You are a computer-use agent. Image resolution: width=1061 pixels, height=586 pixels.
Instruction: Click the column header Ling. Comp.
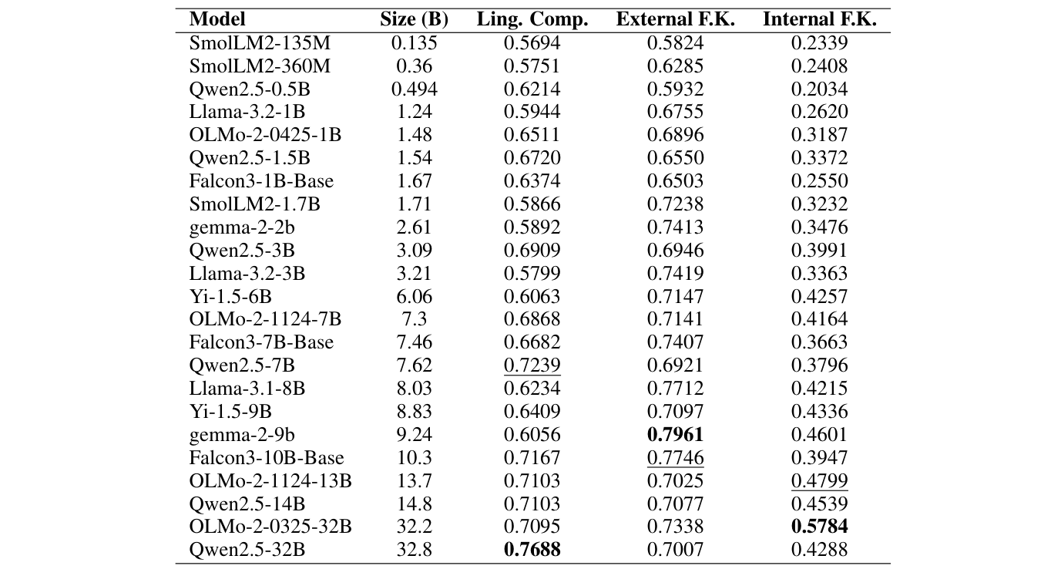532,20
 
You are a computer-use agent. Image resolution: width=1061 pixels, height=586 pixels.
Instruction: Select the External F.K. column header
675,20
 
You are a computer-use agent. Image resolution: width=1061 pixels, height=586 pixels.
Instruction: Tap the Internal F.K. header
819,20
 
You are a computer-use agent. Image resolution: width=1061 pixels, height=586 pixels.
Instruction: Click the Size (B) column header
414,20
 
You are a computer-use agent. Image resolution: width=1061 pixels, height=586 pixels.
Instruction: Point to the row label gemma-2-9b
230,435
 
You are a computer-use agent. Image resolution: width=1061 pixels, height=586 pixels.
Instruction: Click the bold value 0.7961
675,435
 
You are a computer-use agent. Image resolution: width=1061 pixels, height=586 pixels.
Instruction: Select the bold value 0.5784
819,527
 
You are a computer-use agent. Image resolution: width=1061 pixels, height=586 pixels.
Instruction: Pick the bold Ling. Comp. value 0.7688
532,551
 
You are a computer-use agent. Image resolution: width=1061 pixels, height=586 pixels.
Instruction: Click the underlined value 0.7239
532,365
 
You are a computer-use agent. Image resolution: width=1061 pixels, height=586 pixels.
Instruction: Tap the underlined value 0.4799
819,481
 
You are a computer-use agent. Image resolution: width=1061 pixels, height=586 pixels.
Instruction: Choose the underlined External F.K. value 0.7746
675,458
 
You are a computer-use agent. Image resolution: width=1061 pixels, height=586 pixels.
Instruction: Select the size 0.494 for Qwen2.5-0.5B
414,89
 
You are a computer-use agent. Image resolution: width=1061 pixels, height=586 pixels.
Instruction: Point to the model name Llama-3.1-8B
247,389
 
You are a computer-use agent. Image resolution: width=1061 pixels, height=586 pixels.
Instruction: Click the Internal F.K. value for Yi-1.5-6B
819,296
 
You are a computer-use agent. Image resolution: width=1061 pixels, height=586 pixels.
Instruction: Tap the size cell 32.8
414,551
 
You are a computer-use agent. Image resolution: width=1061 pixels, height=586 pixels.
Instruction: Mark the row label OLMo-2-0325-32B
270,527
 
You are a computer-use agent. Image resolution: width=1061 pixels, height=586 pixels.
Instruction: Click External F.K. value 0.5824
675,43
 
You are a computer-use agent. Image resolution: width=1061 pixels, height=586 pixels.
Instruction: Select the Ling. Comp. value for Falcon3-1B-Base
532,181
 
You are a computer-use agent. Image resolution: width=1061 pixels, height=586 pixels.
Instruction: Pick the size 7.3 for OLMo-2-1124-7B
414,319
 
